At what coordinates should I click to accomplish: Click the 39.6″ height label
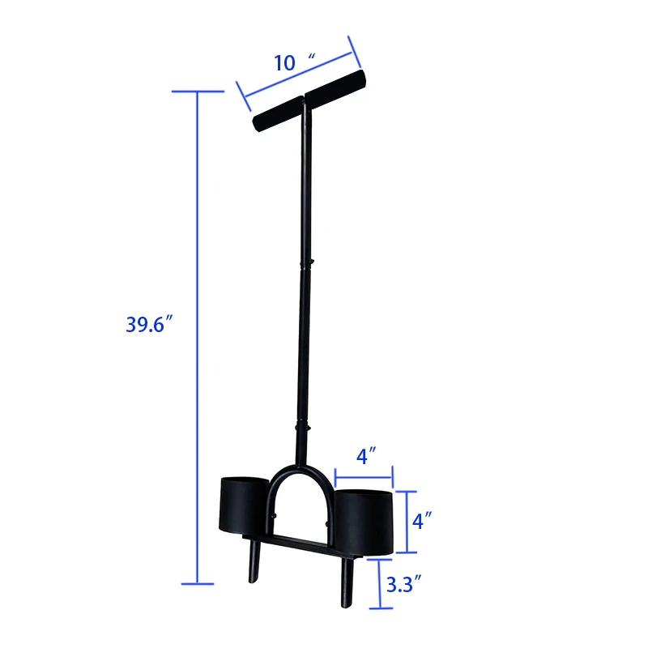point(150,324)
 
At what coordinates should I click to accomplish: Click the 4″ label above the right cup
point(363,456)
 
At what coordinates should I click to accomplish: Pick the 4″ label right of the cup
point(419,521)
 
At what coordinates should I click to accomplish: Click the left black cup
point(245,506)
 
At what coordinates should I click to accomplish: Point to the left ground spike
point(254,564)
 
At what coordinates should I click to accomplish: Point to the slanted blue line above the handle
point(296,77)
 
